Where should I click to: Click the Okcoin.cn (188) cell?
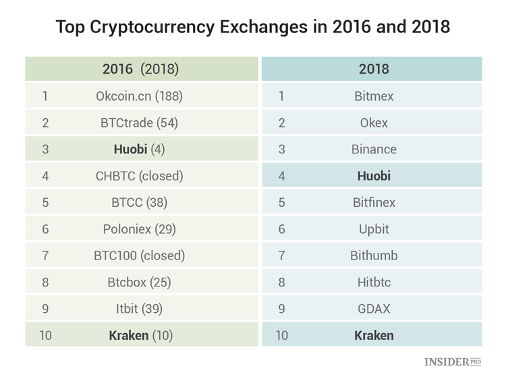point(139,96)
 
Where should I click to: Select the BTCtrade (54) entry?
point(139,123)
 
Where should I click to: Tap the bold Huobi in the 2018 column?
point(374,176)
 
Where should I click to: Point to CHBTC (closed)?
point(139,176)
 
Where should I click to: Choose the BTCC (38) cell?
point(139,202)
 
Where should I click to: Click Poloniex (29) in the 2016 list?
point(139,229)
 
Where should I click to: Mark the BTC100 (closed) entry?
point(139,255)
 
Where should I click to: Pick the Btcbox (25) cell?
point(139,282)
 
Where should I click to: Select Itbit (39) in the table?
point(139,309)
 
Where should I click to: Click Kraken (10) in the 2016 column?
point(139,335)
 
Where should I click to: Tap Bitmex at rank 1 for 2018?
point(374,96)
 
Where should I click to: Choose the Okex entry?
point(374,123)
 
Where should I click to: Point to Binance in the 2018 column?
point(374,149)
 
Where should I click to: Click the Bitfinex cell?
point(374,202)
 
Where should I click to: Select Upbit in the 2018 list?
point(374,229)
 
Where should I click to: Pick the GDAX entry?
point(374,309)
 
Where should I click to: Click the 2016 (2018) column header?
point(140,69)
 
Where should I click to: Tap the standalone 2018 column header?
point(374,69)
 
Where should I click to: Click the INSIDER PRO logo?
point(453,362)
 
